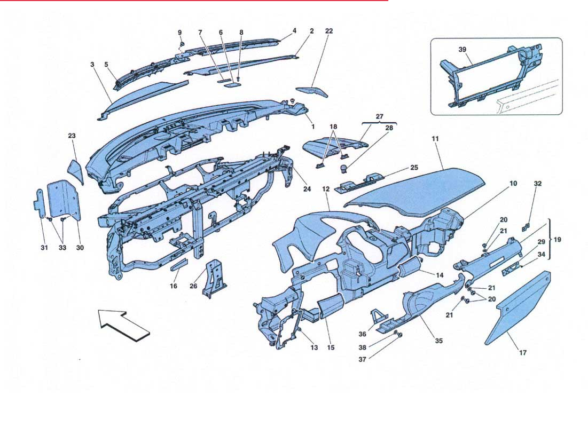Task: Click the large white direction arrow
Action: pos(124,325)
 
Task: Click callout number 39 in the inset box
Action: pos(462,50)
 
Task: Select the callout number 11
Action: pos(435,139)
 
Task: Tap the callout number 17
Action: pos(523,352)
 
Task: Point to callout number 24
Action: pos(307,189)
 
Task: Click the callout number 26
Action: pos(193,286)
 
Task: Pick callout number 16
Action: pos(173,286)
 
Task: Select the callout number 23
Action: pos(72,136)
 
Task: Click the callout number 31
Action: pos(44,248)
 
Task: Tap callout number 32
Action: pos(538,183)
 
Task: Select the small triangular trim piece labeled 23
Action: pos(76,171)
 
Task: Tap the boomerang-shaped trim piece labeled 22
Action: pos(312,91)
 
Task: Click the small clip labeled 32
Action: pos(527,227)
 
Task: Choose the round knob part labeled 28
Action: pos(345,168)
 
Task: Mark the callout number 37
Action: pos(362,360)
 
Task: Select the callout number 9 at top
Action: pos(179,33)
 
